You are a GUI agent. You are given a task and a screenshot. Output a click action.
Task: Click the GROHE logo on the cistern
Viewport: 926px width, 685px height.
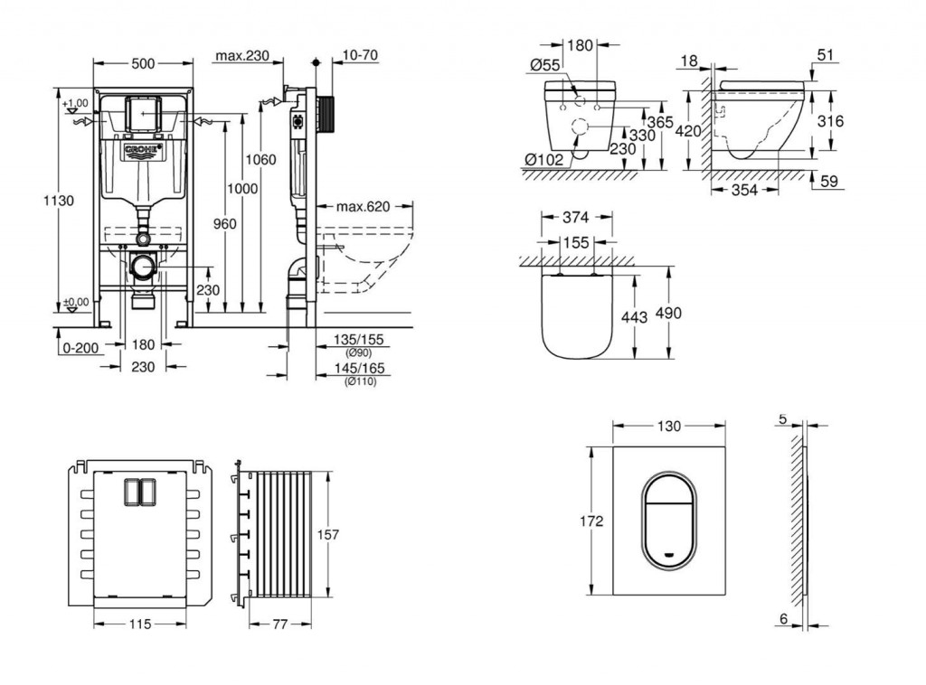pos(142,150)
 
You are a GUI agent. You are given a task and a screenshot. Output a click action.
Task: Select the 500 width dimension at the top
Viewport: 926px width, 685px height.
pos(142,62)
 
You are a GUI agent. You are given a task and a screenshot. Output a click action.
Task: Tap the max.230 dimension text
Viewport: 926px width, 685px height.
pos(242,56)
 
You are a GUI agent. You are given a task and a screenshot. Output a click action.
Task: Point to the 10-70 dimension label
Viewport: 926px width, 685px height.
pos(359,56)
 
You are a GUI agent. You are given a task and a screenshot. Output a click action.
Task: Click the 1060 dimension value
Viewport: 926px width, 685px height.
pos(260,159)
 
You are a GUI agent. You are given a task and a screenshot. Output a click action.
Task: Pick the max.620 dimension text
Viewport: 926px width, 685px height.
pos(363,207)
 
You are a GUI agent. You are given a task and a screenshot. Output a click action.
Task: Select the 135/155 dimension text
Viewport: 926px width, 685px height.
pos(358,339)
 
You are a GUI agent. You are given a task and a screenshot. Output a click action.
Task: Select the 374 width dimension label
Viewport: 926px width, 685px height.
pos(576,217)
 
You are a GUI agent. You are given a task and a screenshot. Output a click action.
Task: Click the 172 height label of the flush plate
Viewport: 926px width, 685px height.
pos(592,522)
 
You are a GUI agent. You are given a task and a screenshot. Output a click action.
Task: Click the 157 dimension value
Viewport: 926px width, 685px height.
pos(327,535)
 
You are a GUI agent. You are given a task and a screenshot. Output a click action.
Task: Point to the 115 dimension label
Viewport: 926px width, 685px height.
pos(137,624)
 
